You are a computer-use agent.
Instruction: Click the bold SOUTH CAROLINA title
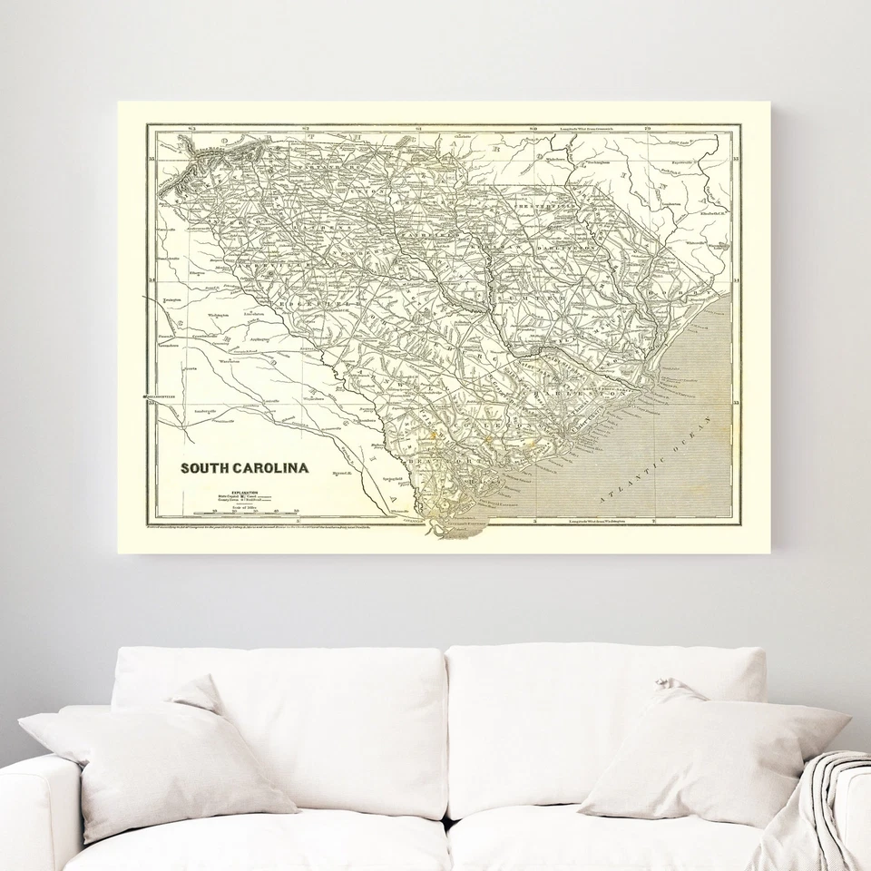click(x=244, y=469)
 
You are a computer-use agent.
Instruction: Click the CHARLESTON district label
click(x=581, y=395)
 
